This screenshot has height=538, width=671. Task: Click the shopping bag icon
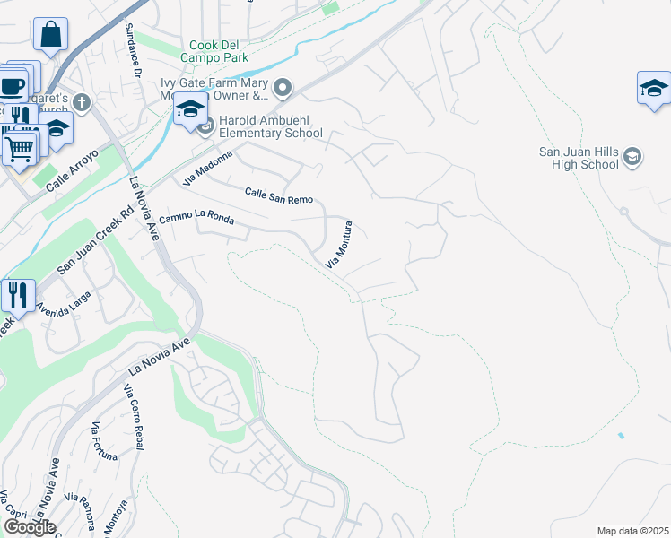(51, 35)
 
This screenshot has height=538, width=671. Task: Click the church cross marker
(82, 100)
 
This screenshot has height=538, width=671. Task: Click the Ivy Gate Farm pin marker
(283, 87)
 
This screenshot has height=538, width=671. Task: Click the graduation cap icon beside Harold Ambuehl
(190, 109)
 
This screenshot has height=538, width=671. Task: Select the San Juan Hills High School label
(579, 158)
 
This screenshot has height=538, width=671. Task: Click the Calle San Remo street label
(279, 195)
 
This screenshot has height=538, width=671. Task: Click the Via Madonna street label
(207, 168)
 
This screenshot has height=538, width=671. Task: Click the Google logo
(30, 527)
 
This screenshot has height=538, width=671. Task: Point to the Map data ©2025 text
(632, 531)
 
